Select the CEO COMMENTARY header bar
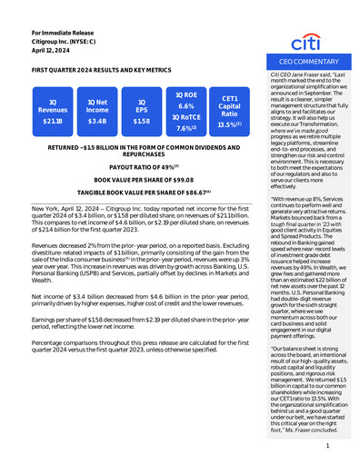point(306,60)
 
